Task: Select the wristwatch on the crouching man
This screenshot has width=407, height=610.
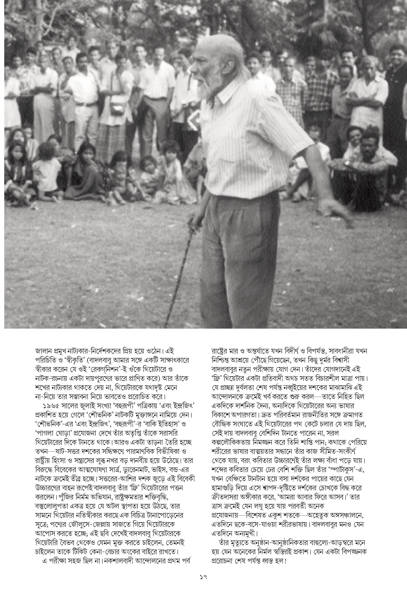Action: (x=347, y=163)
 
